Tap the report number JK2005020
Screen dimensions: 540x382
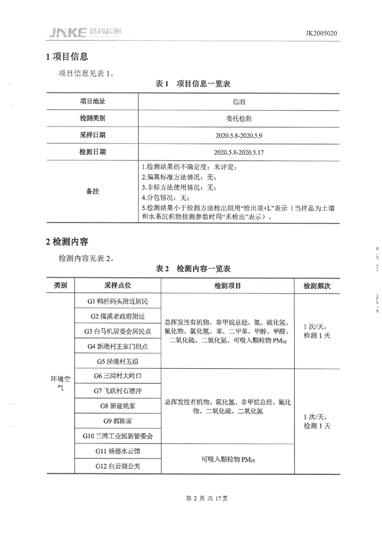click(x=321, y=33)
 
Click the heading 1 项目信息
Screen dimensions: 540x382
click(x=67, y=57)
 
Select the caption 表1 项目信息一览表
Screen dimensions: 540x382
click(x=193, y=84)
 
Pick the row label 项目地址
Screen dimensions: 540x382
click(x=92, y=102)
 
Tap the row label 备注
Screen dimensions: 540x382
click(x=92, y=192)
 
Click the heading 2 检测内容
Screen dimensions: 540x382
click(x=67, y=241)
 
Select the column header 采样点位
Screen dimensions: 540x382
click(x=117, y=285)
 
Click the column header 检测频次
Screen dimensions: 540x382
click(x=316, y=285)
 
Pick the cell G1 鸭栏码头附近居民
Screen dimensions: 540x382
click(x=117, y=301)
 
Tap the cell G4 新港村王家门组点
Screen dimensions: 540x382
click(x=117, y=346)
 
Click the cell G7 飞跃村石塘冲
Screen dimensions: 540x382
click(x=117, y=391)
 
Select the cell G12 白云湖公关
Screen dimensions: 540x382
click(x=117, y=466)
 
